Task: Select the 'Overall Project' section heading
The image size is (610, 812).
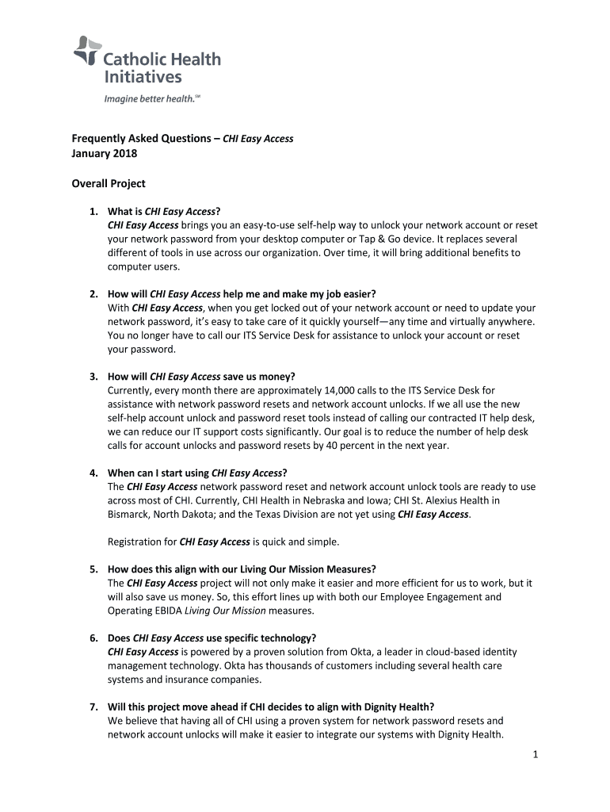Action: tap(109, 183)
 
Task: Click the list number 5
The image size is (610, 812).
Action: tap(93, 569)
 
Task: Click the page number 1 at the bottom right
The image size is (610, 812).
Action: tap(536, 755)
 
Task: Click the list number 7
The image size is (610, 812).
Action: tap(93, 707)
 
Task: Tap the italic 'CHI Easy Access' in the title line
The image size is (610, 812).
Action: tap(257, 138)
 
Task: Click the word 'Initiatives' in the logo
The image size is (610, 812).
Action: tap(143, 77)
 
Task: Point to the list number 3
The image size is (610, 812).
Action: tap(93, 376)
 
